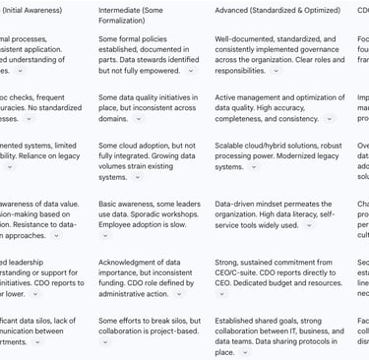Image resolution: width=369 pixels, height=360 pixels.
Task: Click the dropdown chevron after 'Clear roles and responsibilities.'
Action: point(275,72)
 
